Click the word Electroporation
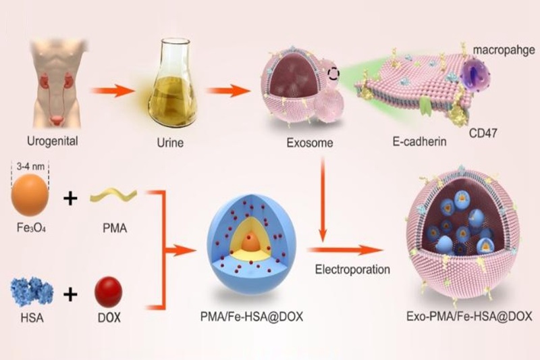click(352, 269)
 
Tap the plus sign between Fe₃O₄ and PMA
click(70, 199)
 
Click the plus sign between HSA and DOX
click(70, 295)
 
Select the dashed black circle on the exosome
click(333, 74)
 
